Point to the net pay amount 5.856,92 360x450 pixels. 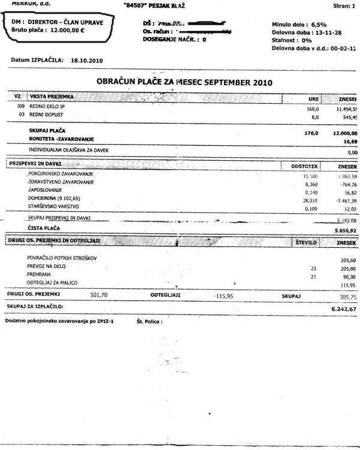point(343,230)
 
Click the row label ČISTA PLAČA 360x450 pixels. point(45,229)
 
